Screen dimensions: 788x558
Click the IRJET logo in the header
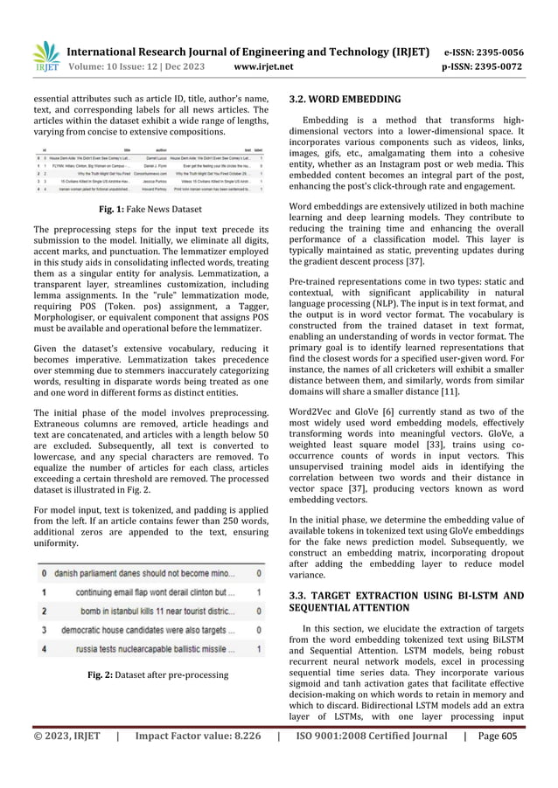(x=46, y=56)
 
